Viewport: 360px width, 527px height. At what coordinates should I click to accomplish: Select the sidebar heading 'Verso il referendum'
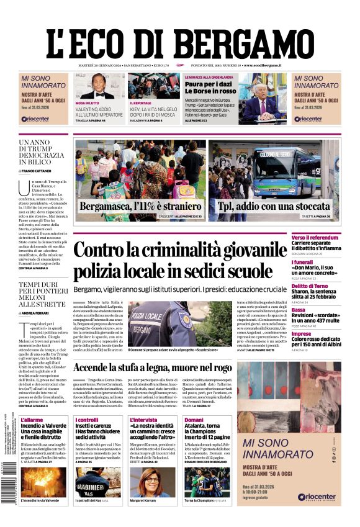tap(332, 238)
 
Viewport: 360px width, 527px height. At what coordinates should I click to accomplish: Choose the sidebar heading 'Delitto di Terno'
tap(329, 286)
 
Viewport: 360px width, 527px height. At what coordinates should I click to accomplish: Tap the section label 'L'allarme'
tap(32, 420)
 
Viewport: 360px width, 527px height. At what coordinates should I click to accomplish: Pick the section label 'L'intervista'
tap(144, 420)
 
